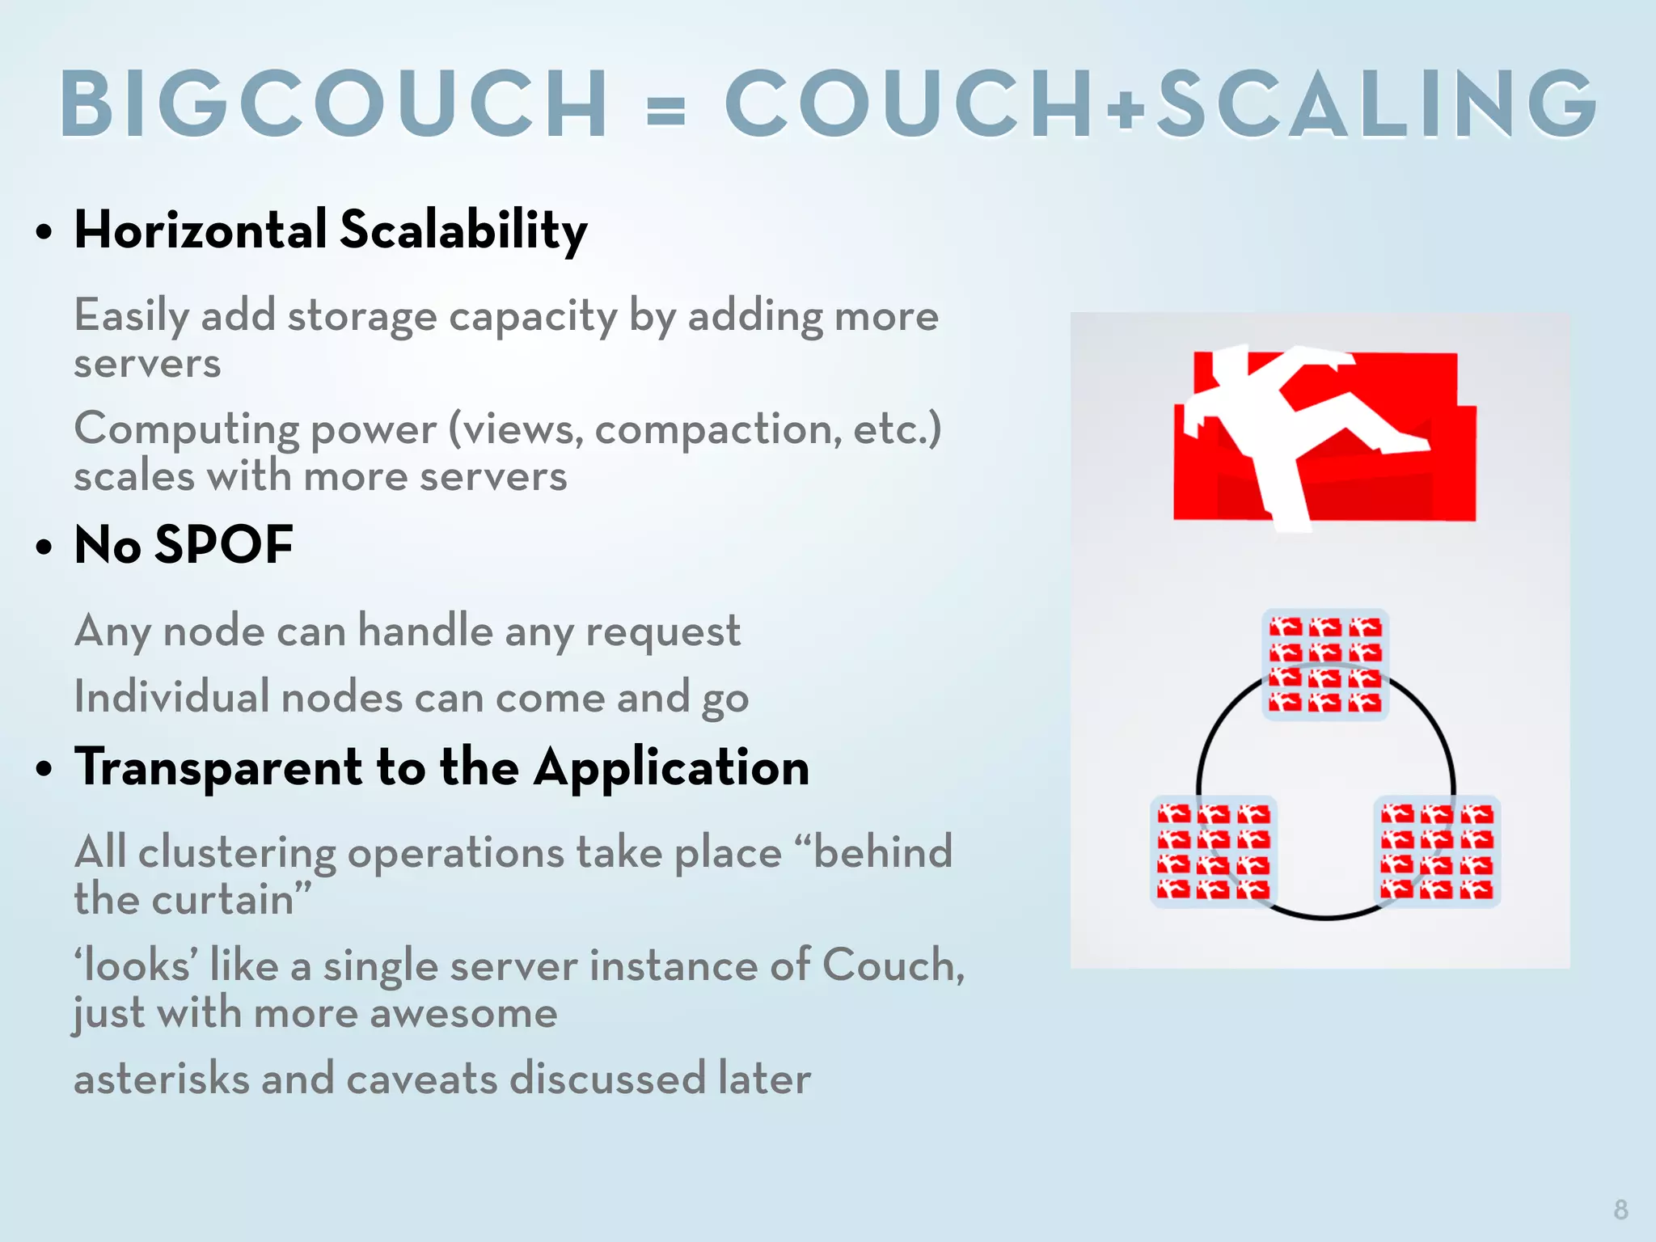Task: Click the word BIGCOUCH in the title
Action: click(334, 103)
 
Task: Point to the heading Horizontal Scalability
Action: click(331, 230)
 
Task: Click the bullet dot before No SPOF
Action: click(44, 547)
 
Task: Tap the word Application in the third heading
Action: click(671, 767)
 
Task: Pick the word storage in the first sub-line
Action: click(362, 316)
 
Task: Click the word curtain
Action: click(234, 900)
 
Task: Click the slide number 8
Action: click(1620, 1210)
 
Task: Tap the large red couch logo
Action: click(1324, 437)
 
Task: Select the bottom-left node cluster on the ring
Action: click(1214, 851)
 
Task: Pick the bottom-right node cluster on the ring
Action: click(1437, 851)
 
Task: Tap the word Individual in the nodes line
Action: click(171, 697)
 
